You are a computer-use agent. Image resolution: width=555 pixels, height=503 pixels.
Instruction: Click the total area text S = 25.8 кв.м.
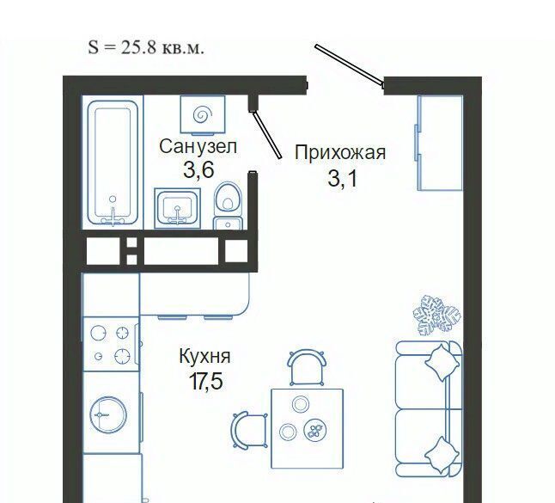(146, 47)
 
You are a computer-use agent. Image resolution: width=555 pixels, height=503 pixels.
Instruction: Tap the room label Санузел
(198, 146)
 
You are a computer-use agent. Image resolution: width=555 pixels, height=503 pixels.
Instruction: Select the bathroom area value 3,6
(198, 170)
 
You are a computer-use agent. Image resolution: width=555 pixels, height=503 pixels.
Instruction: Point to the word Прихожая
(340, 153)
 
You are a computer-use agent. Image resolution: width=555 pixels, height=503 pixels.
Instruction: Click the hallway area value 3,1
(343, 178)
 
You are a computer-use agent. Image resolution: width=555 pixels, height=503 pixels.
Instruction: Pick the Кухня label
(205, 356)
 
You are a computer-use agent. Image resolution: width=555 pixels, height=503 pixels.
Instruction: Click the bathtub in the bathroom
(113, 163)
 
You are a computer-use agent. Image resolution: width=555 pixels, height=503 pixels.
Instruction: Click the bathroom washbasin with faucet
(177, 208)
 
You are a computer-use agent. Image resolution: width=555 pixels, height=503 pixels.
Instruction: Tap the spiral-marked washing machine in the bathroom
(203, 115)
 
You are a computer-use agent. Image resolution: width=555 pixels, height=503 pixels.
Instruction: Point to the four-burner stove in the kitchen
(110, 344)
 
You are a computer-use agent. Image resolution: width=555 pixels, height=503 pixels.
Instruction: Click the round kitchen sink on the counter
(108, 414)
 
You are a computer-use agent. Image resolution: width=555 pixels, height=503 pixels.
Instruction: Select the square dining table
(308, 428)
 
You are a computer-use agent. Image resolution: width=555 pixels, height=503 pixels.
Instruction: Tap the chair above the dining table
(307, 367)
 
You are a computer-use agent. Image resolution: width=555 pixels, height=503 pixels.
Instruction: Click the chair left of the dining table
(249, 430)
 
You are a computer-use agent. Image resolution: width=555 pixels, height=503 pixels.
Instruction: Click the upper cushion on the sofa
(442, 363)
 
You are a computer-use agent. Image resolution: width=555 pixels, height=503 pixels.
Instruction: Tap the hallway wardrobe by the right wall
(439, 143)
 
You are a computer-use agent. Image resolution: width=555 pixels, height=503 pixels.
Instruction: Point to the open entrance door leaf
(349, 66)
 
